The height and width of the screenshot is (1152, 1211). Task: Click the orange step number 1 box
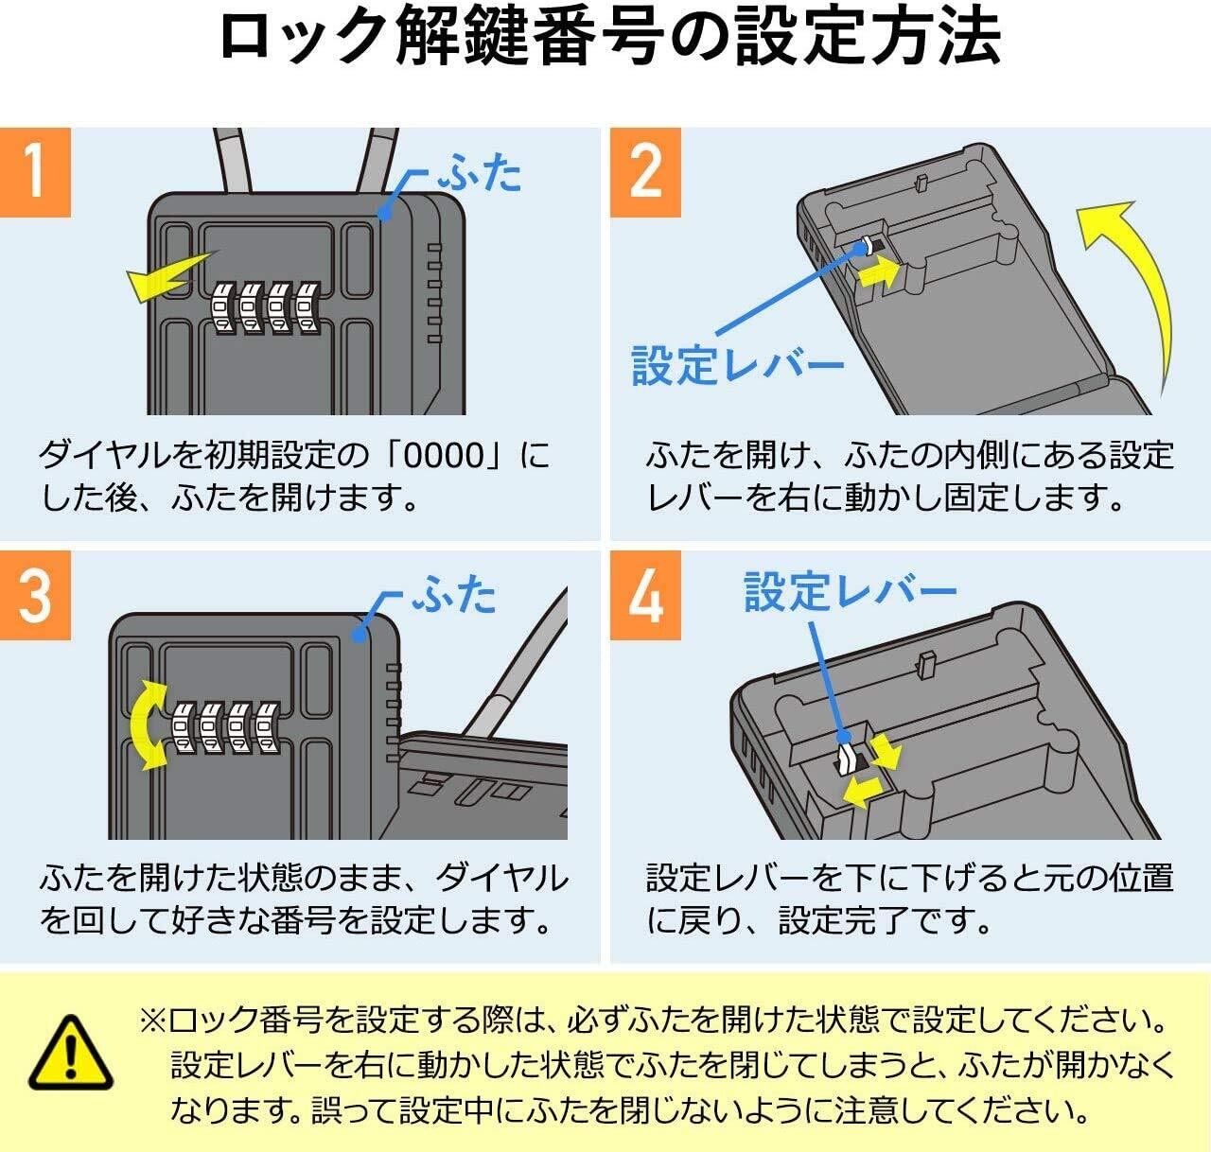click(35, 172)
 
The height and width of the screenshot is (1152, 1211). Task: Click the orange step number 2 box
click(645, 172)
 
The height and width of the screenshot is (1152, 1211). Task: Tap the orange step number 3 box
click(35, 595)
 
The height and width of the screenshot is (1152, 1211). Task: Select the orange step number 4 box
click(645, 595)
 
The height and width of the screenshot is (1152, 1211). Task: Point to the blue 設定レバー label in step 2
click(737, 365)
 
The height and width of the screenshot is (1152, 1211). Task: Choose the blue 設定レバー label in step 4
click(850, 591)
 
